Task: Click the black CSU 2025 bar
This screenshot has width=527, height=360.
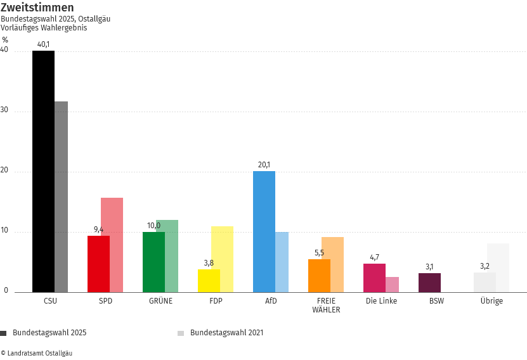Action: [43, 171]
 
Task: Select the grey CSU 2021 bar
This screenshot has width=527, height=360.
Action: [62, 196]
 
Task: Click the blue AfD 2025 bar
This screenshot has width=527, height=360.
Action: [264, 231]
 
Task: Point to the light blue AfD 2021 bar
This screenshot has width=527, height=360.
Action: [282, 262]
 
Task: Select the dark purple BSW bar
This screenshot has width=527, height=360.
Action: [429, 283]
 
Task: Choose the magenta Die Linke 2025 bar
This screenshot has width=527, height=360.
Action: [374, 278]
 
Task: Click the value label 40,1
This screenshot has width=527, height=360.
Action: [43, 44]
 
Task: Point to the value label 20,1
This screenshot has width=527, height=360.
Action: [264, 165]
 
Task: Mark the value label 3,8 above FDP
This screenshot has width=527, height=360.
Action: [209, 263]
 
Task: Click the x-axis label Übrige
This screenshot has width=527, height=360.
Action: [491, 301]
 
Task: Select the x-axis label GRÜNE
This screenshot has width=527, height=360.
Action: [160, 301]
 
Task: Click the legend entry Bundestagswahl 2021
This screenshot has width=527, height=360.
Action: [226, 333]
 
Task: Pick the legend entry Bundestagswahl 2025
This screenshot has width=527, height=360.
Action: [49, 333]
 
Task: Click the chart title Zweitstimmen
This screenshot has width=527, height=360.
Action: [37, 8]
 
